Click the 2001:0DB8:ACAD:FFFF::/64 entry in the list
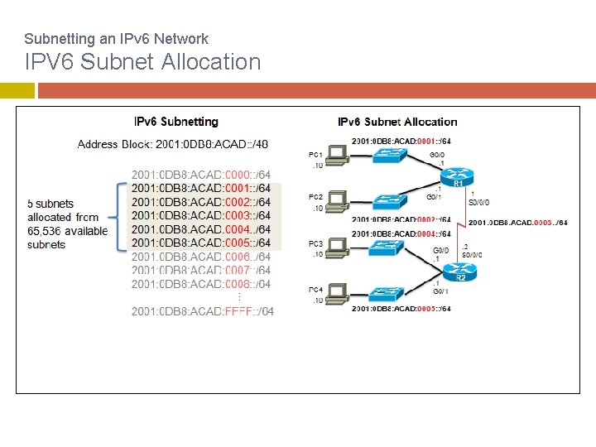point(203,311)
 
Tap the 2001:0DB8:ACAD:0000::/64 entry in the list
point(201,175)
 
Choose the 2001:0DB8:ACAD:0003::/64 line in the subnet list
point(201,215)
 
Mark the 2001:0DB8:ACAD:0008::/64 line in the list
point(201,284)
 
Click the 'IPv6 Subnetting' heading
point(176,122)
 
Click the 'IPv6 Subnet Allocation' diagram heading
point(397,122)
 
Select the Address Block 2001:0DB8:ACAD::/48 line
point(172,144)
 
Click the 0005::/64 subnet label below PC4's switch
point(401,309)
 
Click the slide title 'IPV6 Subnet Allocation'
point(142,62)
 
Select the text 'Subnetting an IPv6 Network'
point(116,38)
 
